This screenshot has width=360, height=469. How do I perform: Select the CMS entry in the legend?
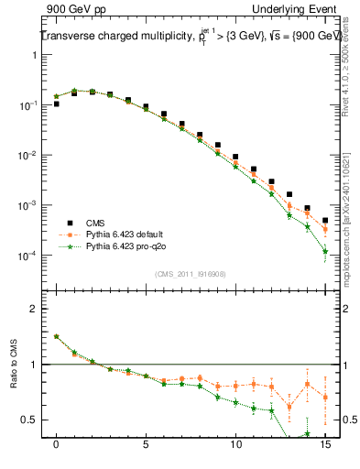(97, 223)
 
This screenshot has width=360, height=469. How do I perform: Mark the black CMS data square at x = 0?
(57, 104)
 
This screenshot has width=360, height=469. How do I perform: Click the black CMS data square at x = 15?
(325, 220)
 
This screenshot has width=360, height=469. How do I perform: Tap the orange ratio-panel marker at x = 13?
(289, 407)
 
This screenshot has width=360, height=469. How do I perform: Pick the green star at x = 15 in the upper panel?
(325, 251)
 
